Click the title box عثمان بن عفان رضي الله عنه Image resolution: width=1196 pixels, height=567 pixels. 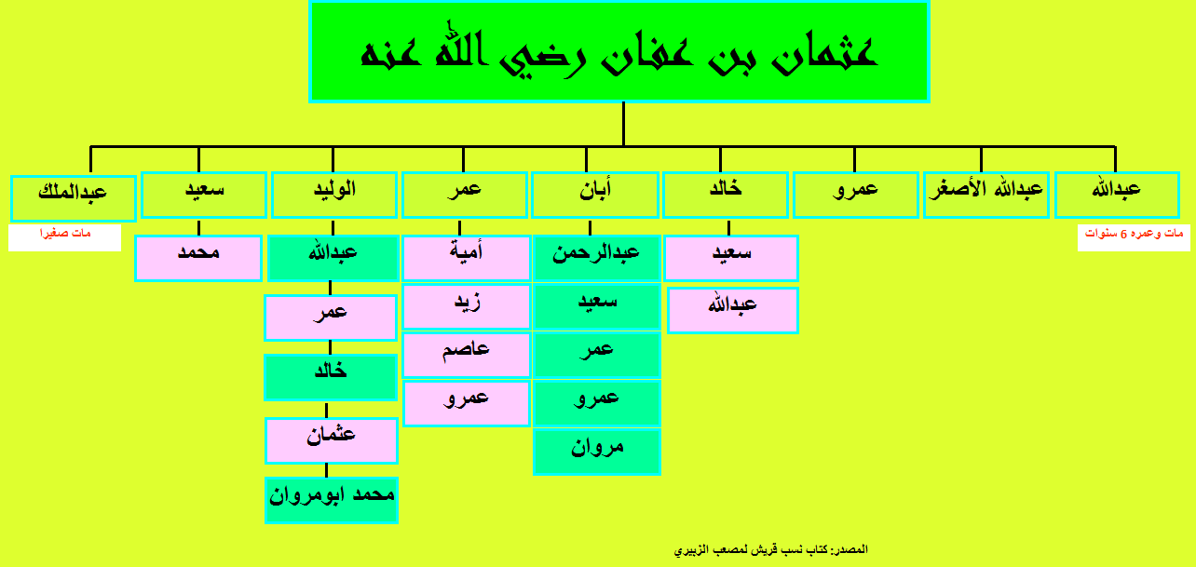tap(619, 52)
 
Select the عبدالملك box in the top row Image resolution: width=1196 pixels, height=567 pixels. tap(74, 198)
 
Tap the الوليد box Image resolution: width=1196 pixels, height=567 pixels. tap(334, 195)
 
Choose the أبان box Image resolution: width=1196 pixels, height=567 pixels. tap(595, 195)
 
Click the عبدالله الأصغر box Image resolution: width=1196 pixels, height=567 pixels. tap(986, 195)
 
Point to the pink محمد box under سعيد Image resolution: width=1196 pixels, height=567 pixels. tap(198, 258)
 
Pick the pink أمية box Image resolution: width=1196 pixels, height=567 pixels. tap(466, 258)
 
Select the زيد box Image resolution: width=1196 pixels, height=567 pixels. tap(466, 306)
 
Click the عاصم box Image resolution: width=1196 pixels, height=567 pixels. tap(466, 355)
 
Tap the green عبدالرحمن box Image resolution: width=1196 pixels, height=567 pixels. tap(597, 258)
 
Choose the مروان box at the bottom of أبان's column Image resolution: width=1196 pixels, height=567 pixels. tap(597, 452)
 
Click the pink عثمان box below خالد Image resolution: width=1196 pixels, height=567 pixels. tap(332, 441)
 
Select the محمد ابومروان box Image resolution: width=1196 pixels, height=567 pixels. tap(332, 500)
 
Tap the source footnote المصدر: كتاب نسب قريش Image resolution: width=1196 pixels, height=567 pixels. tap(771, 549)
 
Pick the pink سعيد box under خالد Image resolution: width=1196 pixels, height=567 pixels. tap(731, 258)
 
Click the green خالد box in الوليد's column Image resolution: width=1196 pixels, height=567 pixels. tap(331, 377)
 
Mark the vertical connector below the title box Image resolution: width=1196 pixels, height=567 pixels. tap(624, 124)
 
